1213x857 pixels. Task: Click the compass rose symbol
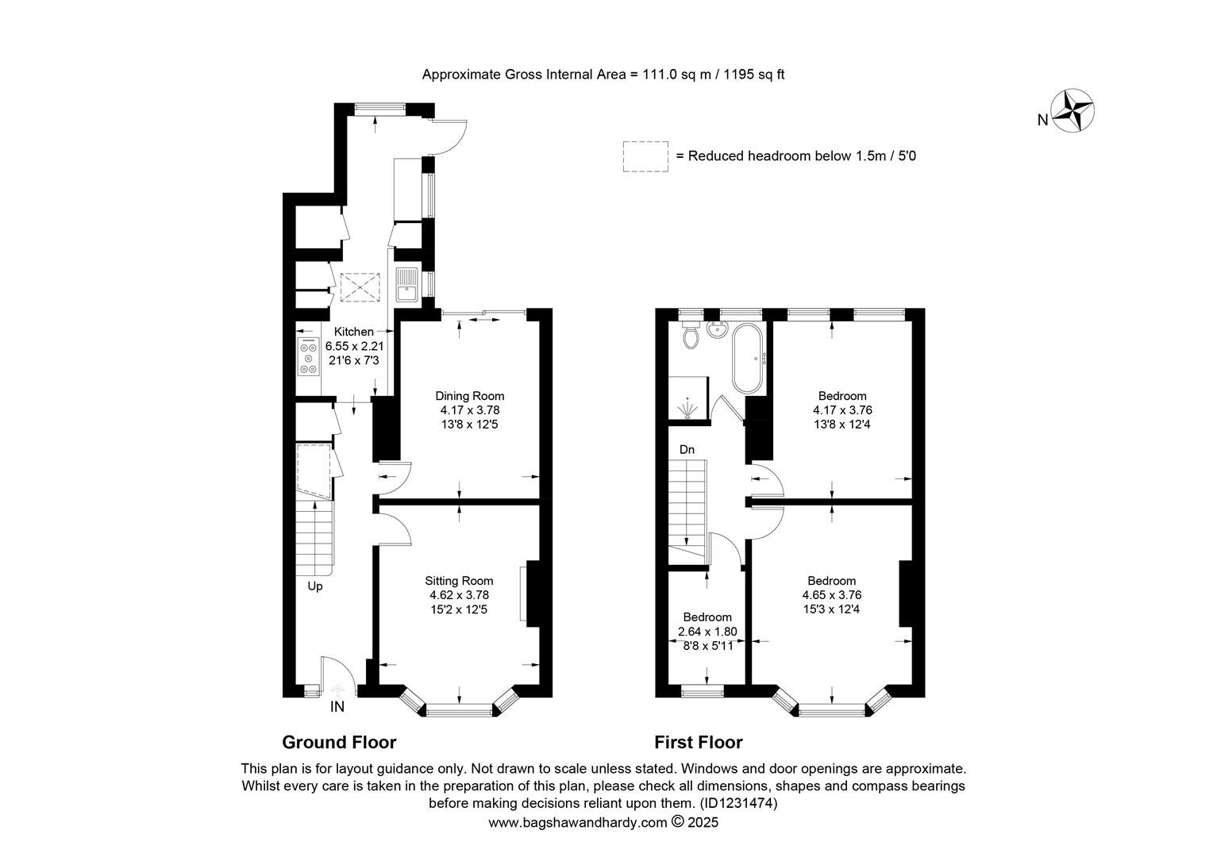click(1072, 110)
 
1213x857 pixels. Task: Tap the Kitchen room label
click(353, 332)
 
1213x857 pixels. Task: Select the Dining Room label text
click(469, 396)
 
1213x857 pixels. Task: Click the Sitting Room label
click(459, 581)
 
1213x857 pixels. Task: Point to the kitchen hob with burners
click(309, 357)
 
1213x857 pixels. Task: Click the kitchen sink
click(406, 285)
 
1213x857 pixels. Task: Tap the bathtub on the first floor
click(747, 359)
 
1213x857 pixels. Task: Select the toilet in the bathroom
click(691, 334)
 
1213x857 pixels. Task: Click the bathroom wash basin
click(718, 329)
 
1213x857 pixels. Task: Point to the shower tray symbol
click(687, 398)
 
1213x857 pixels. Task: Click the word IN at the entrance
click(337, 706)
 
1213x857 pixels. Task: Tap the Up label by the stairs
click(315, 586)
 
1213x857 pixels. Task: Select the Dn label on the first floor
click(687, 449)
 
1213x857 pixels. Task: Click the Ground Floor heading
click(339, 742)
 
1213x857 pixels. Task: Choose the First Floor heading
click(699, 742)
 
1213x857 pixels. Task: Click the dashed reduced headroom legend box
click(645, 156)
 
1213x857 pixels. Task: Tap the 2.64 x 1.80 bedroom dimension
click(707, 632)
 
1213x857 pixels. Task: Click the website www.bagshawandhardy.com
click(578, 823)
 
